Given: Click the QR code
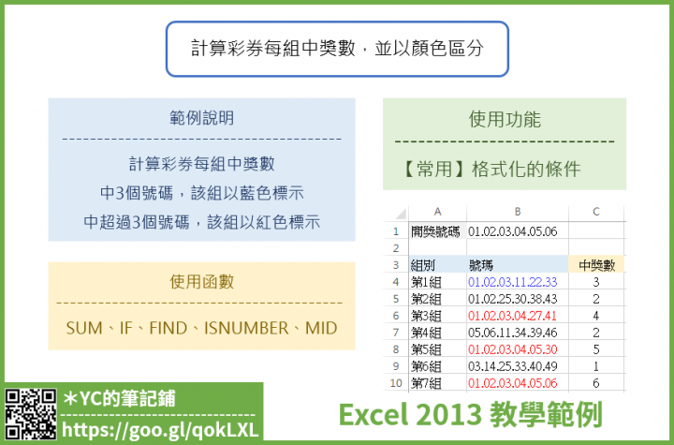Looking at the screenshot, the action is pos(30,414).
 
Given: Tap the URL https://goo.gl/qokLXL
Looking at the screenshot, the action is pos(160,429).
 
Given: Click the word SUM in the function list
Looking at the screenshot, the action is pos(84,329).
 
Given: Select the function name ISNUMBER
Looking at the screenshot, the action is pos(246,329).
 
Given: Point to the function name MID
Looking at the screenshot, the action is pos(321,329).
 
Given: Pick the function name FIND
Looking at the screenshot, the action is pos(168,329).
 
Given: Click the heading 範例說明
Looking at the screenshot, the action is pos(201,118).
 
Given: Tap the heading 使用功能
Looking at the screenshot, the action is pos(505,119).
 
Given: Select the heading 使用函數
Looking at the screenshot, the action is pos(201,282).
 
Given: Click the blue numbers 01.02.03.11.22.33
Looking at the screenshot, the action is pos(512,282).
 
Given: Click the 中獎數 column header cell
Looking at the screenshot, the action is pos(596,265).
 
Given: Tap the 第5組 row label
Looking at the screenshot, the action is pos(426,349).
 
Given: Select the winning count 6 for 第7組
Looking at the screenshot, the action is pos(595,383).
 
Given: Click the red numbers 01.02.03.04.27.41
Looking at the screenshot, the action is pos(512,316).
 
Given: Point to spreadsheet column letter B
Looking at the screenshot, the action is pos(518,212).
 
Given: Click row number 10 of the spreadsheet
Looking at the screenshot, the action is pos(396,383).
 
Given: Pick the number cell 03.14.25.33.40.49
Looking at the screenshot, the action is pos(512,366).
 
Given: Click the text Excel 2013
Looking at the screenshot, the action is pos(410,415).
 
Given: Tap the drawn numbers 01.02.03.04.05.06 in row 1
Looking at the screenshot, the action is pos(512,231).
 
